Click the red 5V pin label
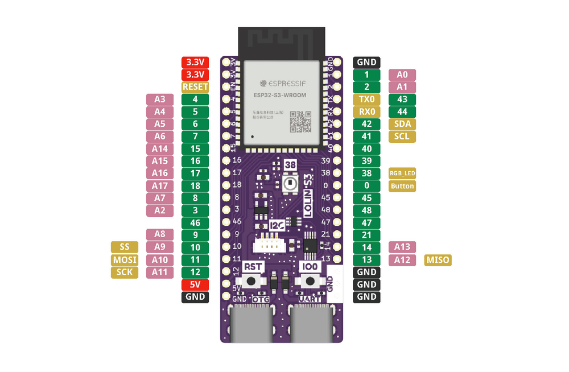coord(195,284)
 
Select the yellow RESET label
coord(195,87)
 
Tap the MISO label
coord(438,260)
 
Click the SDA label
coord(402,124)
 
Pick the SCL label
coord(402,137)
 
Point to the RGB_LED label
coord(402,173)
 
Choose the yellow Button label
coord(402,186)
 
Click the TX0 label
coord(366,99)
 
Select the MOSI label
coord(124,259)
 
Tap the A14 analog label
coord(160,148)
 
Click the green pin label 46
coord(195,223)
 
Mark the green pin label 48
coord(366,210)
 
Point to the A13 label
coord(402,247)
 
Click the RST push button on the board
coord(250,281)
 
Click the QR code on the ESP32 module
coord(300,121)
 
